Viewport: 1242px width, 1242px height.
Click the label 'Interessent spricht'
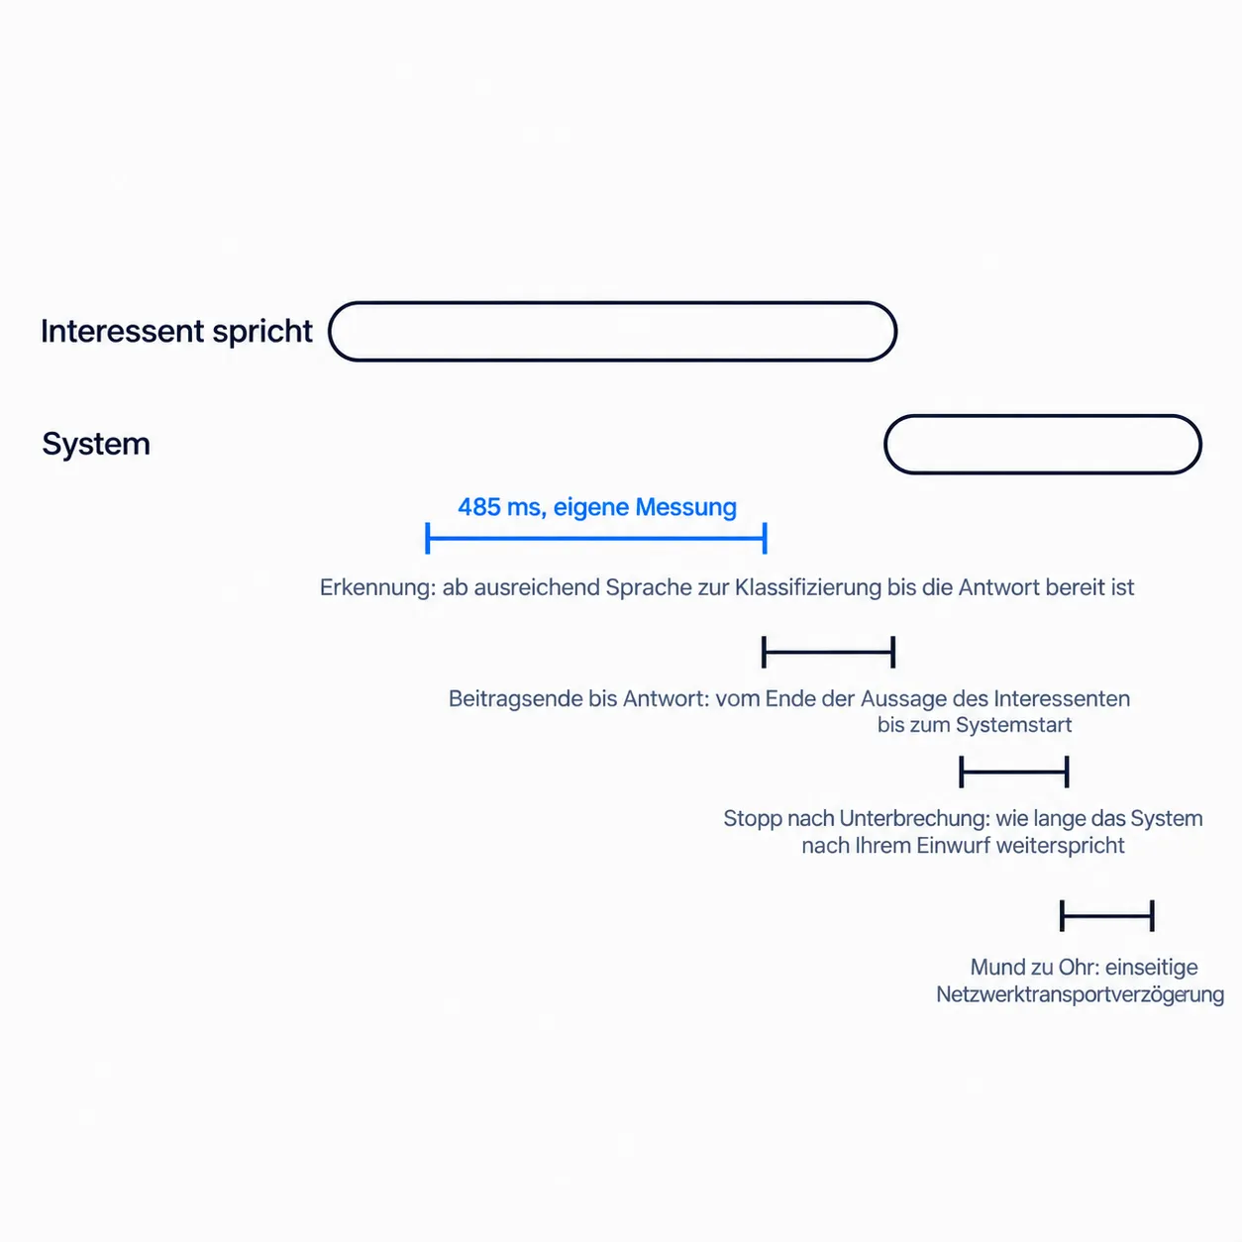click(176, 331)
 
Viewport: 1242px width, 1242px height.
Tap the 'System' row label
click(96, 444)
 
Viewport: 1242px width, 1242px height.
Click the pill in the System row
click(1043, 415)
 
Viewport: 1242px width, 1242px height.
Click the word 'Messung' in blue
click(685, 508)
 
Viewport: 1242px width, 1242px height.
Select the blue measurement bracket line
click(596, 538)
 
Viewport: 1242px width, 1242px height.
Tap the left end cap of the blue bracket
click(427, 538)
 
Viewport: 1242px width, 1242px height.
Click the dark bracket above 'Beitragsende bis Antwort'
click(828, 652)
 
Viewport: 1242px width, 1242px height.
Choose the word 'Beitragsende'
click(515, 699)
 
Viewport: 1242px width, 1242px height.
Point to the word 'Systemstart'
click(1014, 725)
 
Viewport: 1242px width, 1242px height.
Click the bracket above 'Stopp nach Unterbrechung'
click(1014, 772)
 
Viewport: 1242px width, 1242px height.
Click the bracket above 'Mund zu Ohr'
click(1107, 915)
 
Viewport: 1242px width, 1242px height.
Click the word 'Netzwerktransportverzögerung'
click(1081, 994)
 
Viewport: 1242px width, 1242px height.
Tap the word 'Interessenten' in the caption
click(1062, 698)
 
